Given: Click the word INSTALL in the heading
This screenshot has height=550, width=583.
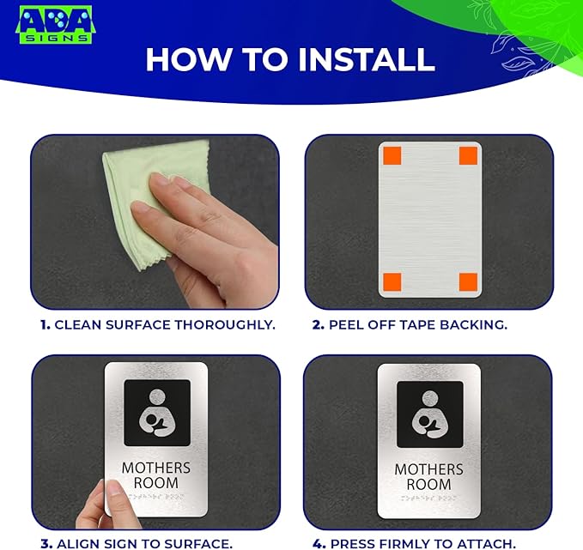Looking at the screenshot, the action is (367, 59).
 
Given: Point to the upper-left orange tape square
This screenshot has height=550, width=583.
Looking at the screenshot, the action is (392, 155).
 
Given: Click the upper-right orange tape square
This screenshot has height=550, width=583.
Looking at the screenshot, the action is (469, 155).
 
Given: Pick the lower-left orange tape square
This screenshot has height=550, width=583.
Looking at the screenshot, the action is (392, 282).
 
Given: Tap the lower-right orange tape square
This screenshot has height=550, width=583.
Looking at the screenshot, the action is (469, 282).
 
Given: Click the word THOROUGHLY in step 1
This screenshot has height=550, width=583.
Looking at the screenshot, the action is (225, 325).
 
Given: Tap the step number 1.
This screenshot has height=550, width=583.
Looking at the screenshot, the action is (46, 325).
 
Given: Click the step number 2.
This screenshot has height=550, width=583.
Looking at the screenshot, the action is (319, 325).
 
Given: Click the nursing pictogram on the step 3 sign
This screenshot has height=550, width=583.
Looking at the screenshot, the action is (157, 413).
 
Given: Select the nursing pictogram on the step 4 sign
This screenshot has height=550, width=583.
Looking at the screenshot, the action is (430, 414).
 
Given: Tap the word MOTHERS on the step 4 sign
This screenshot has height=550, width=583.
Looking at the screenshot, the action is (428, 469).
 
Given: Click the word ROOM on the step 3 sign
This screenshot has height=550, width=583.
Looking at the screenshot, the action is (156, 483).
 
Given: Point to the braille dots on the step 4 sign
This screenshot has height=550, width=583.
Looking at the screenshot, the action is (428, 498).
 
